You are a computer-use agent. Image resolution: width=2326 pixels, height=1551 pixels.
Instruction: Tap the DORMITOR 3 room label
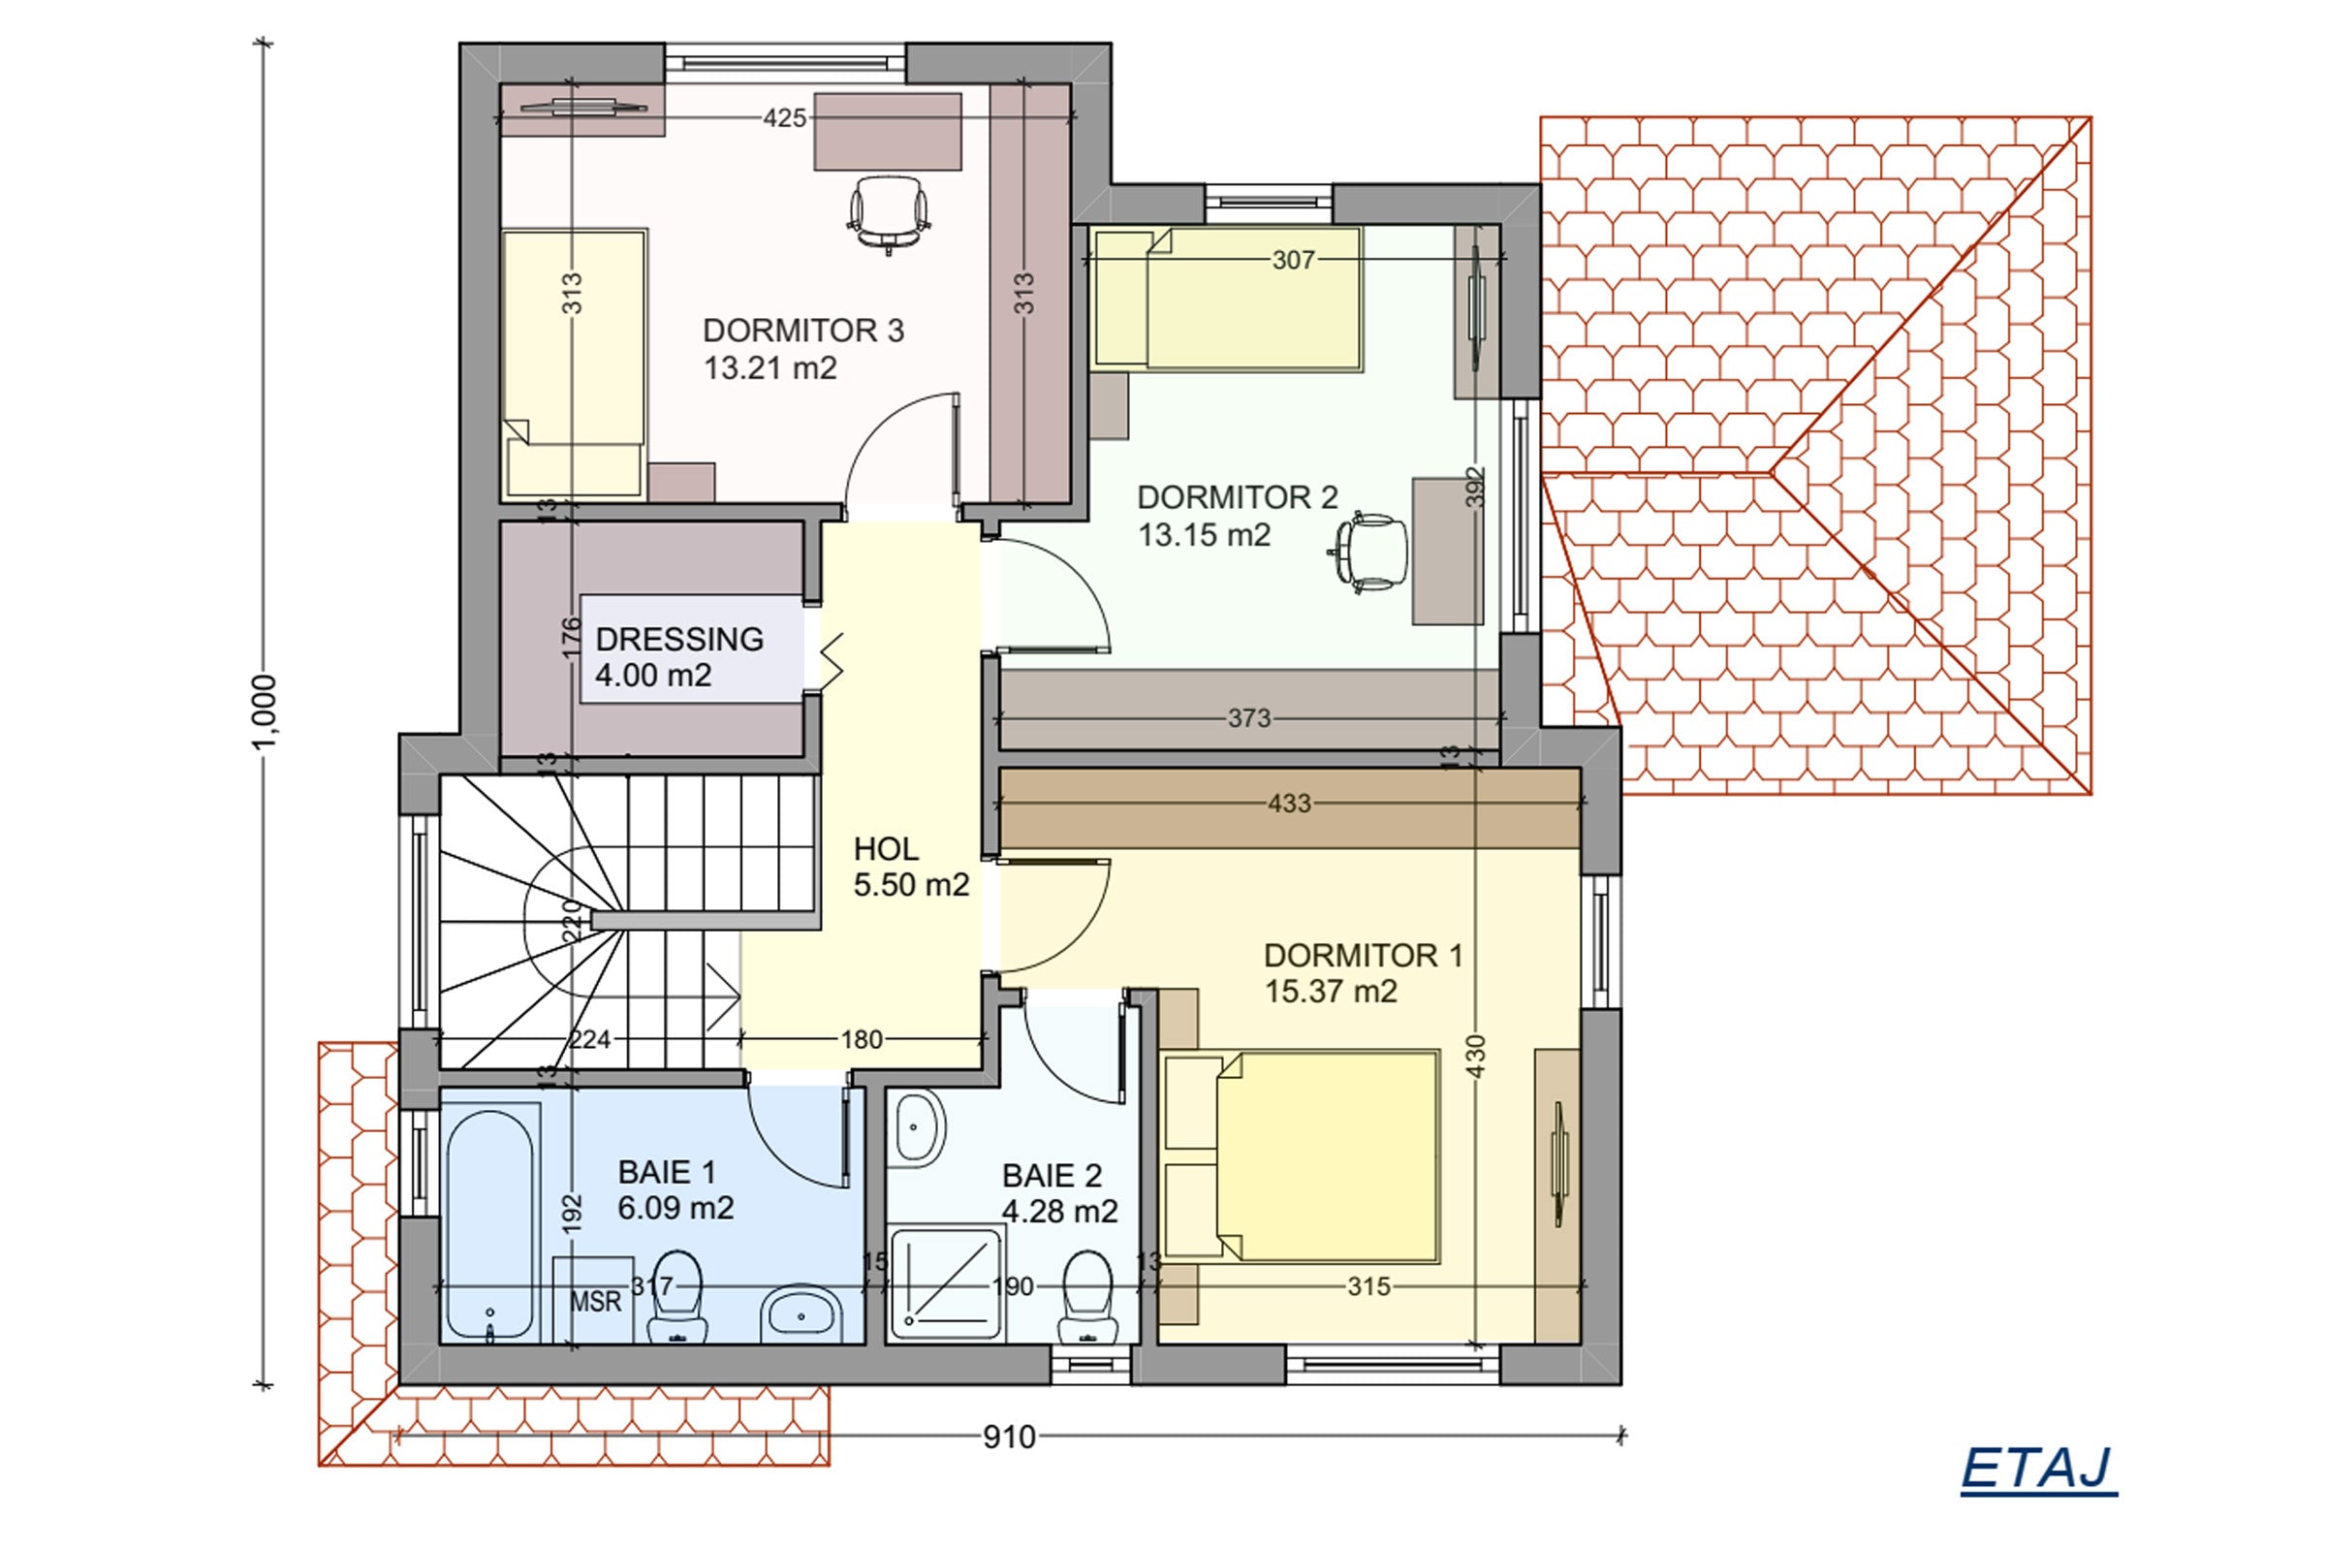pyautogui.click(x=803, y=331)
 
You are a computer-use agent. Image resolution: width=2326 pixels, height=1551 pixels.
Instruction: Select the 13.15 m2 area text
pyautogui.click(x=1204, y=535)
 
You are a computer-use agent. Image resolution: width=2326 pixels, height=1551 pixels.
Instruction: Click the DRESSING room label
pyautogui.click(x=679, y=639)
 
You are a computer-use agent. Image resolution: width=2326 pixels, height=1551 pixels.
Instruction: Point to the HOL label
pyautogui.click(x=886, y=849)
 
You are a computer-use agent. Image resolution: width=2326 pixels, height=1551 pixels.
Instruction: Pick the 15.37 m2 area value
pyautogui.click(x=1331, y=991)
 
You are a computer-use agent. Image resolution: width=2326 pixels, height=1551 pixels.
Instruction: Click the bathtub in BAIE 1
pyautogui.click(x=491, y=1224)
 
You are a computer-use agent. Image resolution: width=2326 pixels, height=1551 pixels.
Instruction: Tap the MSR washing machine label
pyautogui.click(x=595, y=1301)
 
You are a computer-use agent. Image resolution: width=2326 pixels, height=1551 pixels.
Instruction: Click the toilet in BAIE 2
pyautogui.click(x=1087, y=1297)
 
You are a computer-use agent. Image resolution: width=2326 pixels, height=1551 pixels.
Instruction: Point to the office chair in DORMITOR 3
pyautogui.click(x=888, y=213)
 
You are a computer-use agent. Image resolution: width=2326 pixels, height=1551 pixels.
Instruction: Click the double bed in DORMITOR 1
pyautogui.click(x=1302, y=1157)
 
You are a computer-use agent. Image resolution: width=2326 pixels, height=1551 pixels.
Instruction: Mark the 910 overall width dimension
pyautogui.click(x=1009, y=1438)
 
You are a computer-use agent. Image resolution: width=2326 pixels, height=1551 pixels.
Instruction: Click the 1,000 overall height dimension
pyautogui.click(x=264, y=712)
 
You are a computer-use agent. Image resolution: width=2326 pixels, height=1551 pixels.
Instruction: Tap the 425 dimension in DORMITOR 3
pyautogui.click(x=784, y=118)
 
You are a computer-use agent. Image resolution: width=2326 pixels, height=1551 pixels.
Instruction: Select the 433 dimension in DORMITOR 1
pyautogui.click(x=1290, y=804)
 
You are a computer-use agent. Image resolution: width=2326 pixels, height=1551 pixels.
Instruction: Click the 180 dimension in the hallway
pyautogui.click(x=862, y=1039)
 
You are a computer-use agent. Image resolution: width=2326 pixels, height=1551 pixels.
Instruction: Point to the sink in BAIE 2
pyautogui.click(x=919, y=1127)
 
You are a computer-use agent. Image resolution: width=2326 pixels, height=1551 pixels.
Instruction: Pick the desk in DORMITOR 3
pyautogui.click(x=888, y=132)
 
